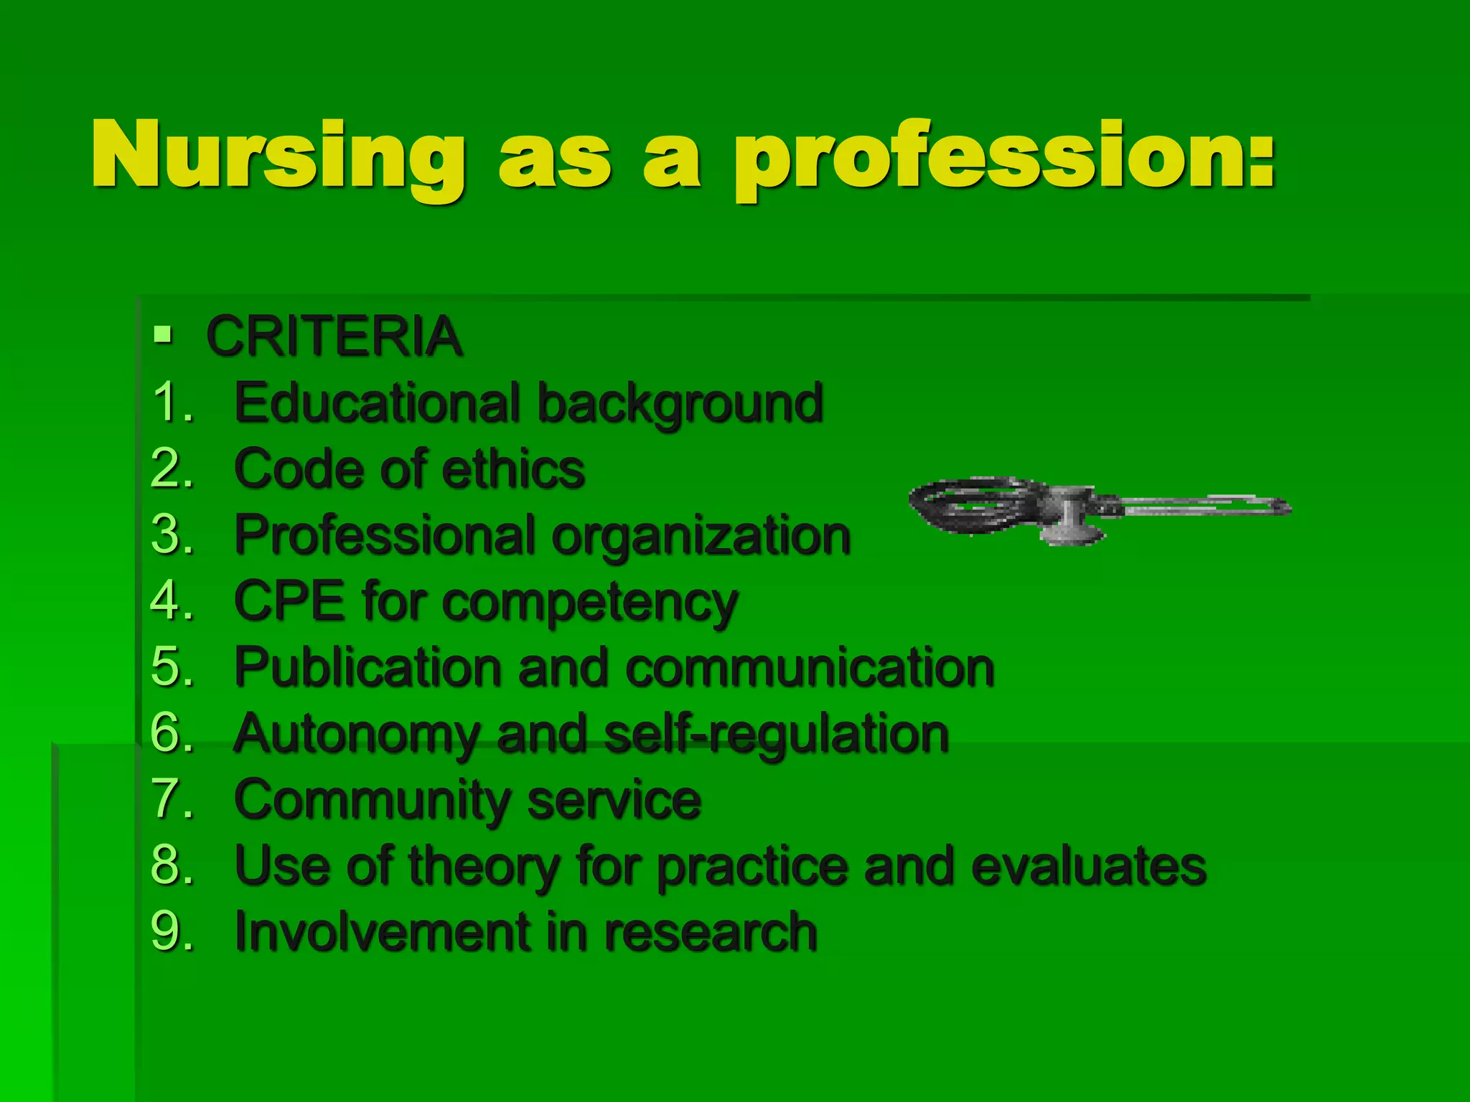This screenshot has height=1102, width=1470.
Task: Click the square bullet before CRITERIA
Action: pos(163,334)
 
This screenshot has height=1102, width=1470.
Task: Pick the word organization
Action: pos(701,537)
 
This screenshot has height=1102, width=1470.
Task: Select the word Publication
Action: pos(367,668)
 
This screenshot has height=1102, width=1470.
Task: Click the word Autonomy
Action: pos(356,735)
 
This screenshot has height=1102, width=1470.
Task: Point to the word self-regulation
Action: pos(777,735)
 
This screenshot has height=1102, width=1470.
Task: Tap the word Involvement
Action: pos(379,932)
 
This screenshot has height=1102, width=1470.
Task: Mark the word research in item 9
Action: pos(710,932)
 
